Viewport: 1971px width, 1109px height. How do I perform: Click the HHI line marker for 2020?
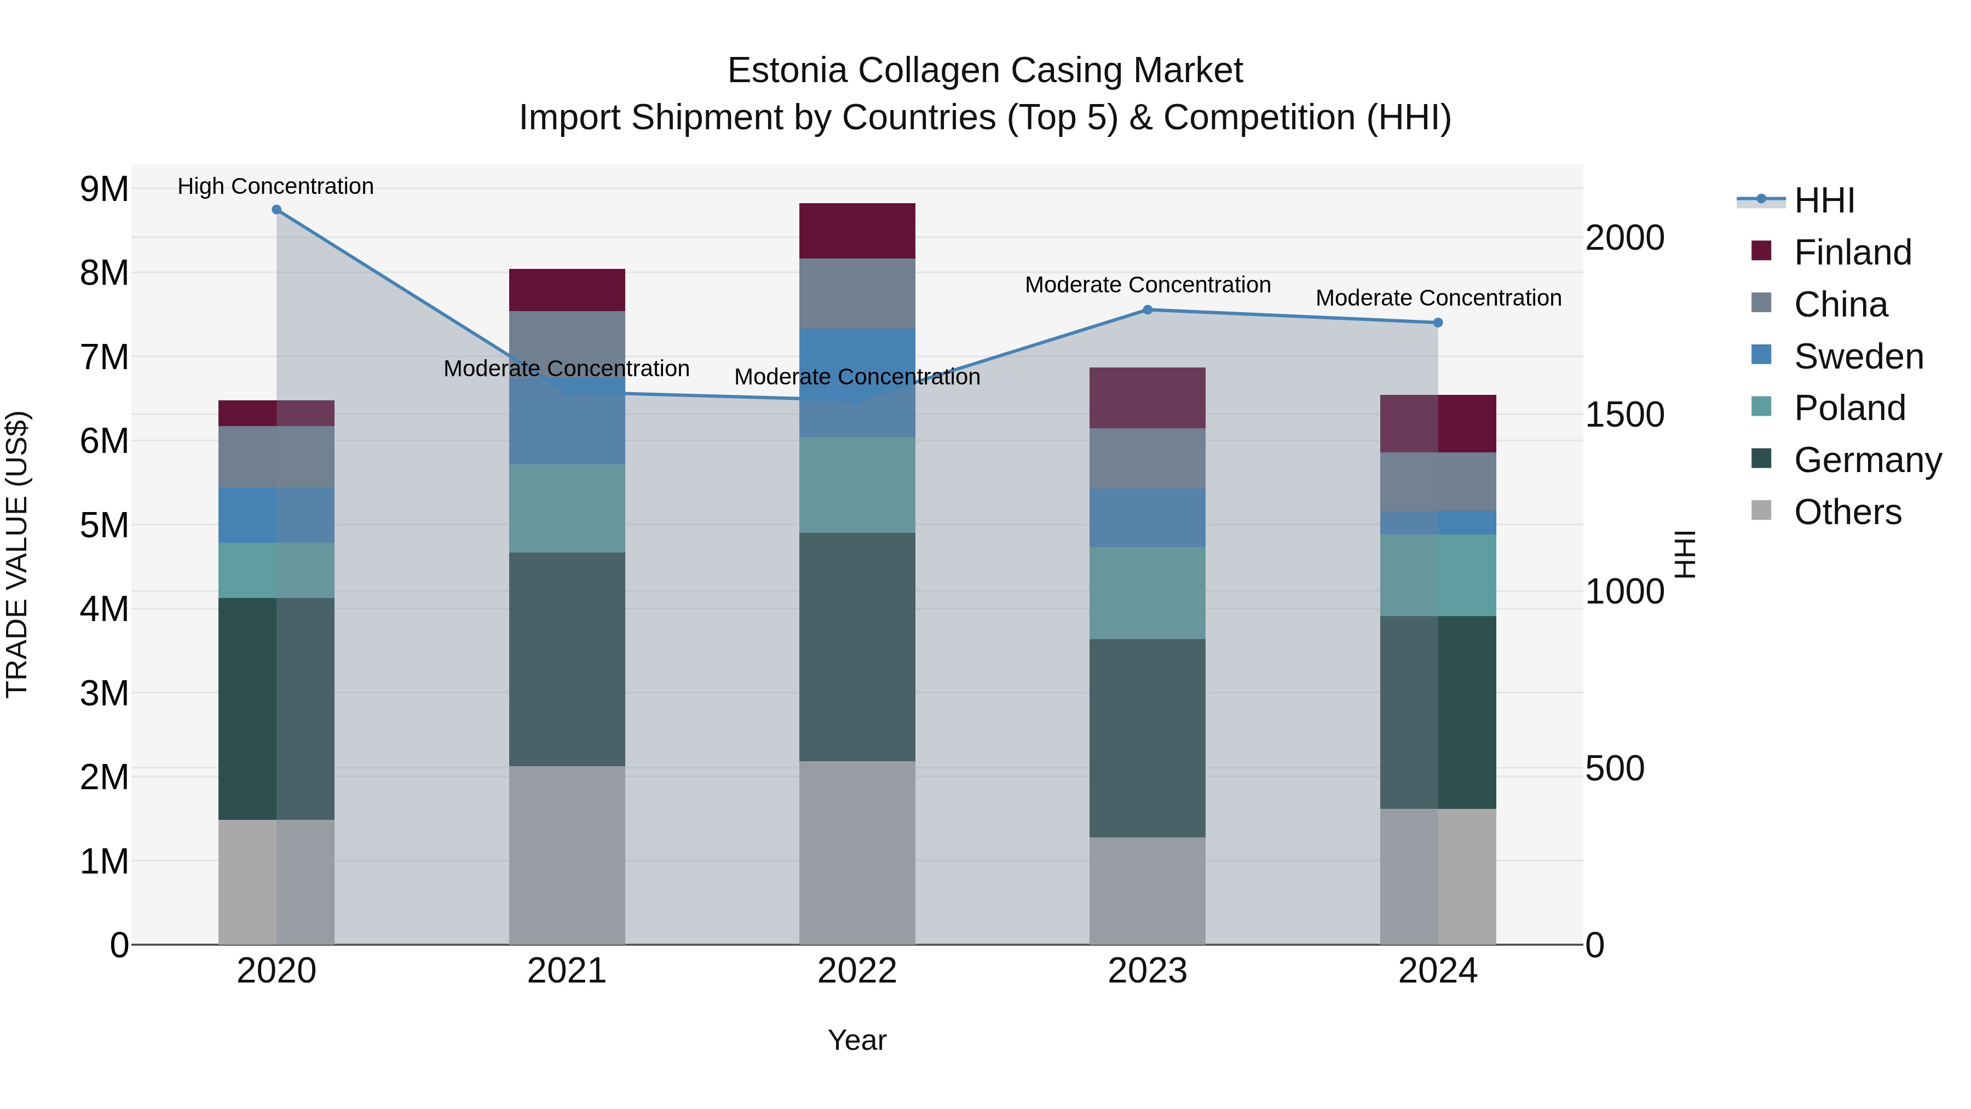pos(276,210)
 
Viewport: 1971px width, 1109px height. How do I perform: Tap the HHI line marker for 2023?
pos(1147,310)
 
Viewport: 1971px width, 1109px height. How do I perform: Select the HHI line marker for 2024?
pos(1438,323)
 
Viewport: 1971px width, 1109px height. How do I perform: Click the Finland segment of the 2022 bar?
pos(857,231)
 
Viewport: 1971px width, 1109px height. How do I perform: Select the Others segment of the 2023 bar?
pos(1147,891)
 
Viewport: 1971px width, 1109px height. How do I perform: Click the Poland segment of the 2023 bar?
pos(1147,593)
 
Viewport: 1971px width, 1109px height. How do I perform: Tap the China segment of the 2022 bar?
pos(857,294)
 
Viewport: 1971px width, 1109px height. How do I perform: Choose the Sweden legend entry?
pos(1858,357)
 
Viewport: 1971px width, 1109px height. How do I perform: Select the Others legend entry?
pos(1847,512)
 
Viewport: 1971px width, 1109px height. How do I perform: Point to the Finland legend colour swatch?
pos(1761,251)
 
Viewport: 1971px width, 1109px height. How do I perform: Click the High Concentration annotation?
pos(275,186)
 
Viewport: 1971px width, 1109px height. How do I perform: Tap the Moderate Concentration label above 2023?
pos(1147,285)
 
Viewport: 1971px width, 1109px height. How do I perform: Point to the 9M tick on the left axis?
pos(104,189)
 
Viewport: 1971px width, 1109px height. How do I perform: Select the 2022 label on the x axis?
pos(857,971)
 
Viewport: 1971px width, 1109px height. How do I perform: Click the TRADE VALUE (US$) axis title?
pos(17,554)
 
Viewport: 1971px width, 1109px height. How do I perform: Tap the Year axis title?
pos(857,1040)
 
